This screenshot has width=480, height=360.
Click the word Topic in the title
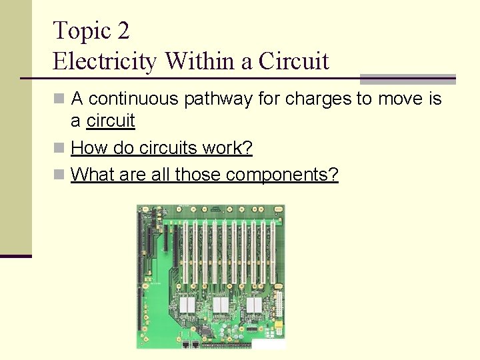78,31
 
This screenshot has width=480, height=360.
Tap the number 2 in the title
122,31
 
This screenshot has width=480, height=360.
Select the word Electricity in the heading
105,61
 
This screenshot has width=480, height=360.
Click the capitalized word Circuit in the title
293,61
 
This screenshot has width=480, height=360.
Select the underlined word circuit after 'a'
111,121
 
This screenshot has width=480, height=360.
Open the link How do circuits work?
161,148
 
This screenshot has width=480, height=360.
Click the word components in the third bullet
282,175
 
